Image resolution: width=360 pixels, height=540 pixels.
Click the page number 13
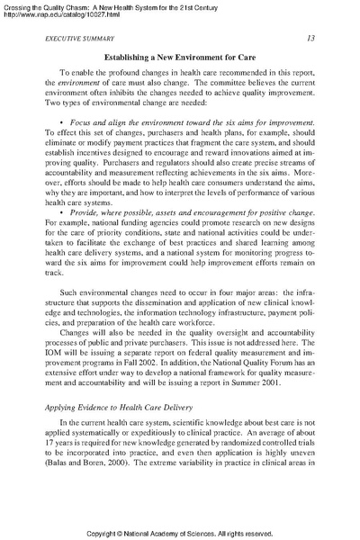pos(310,38)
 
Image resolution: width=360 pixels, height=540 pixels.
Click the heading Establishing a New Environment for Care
pos(179,58)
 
